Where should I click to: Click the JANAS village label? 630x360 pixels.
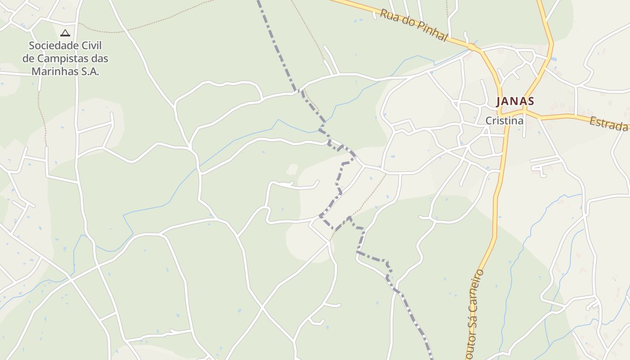coord(515,101)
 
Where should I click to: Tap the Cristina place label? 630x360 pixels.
coord(504,121)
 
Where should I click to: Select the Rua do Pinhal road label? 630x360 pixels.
coord(414,25)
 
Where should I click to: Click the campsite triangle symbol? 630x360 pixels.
coord(65,33)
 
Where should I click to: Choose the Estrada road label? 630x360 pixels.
coord(608,124)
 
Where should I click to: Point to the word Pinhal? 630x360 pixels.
coord(432,31)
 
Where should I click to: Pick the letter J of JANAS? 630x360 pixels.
coord(499,101)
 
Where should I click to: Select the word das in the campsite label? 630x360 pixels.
coord(99,58)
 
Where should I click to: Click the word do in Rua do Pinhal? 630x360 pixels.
coord(404,21)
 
